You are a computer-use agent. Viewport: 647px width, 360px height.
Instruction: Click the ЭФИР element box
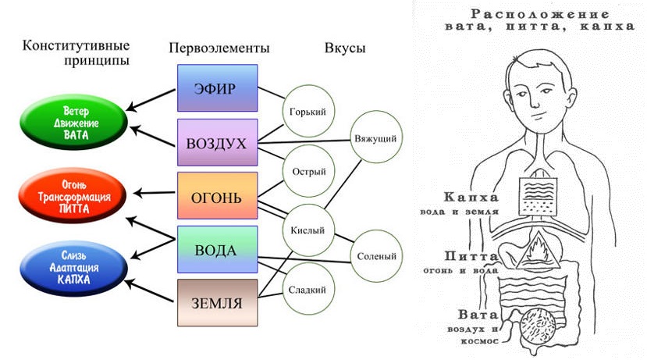217,87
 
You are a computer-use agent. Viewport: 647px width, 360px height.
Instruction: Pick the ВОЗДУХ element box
217,143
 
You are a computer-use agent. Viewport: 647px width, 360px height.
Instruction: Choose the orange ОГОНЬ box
217,195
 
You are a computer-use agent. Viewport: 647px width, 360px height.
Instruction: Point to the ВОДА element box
217,249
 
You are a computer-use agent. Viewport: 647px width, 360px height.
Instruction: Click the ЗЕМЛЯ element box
217,302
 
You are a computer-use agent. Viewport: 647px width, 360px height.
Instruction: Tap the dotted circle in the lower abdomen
539,327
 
